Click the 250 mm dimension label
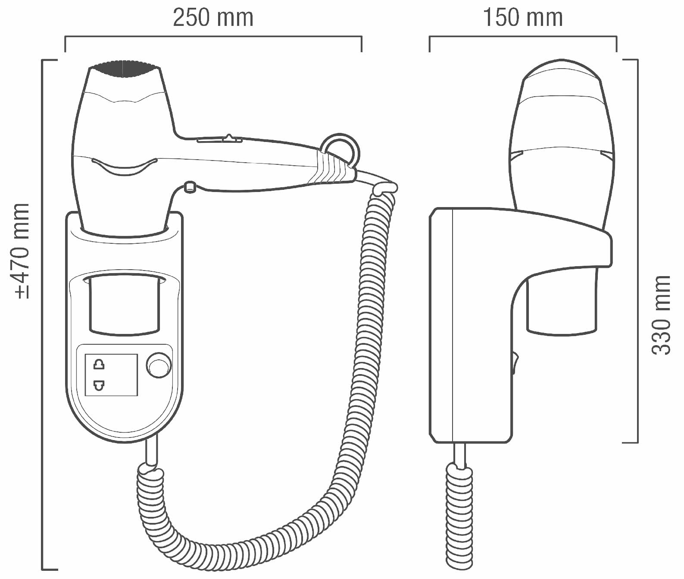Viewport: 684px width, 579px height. click(213, 18)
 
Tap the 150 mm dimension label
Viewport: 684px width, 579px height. click(522, 18)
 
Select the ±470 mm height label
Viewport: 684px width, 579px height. click(22, 251)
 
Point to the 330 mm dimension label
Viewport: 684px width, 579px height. click(661, 315)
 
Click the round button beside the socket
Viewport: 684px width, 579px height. click(159, 366)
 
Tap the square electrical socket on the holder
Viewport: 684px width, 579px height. click(111, 374)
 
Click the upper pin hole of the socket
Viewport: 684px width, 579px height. click(99, 365)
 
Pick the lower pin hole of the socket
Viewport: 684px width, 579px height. click(99, 385)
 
